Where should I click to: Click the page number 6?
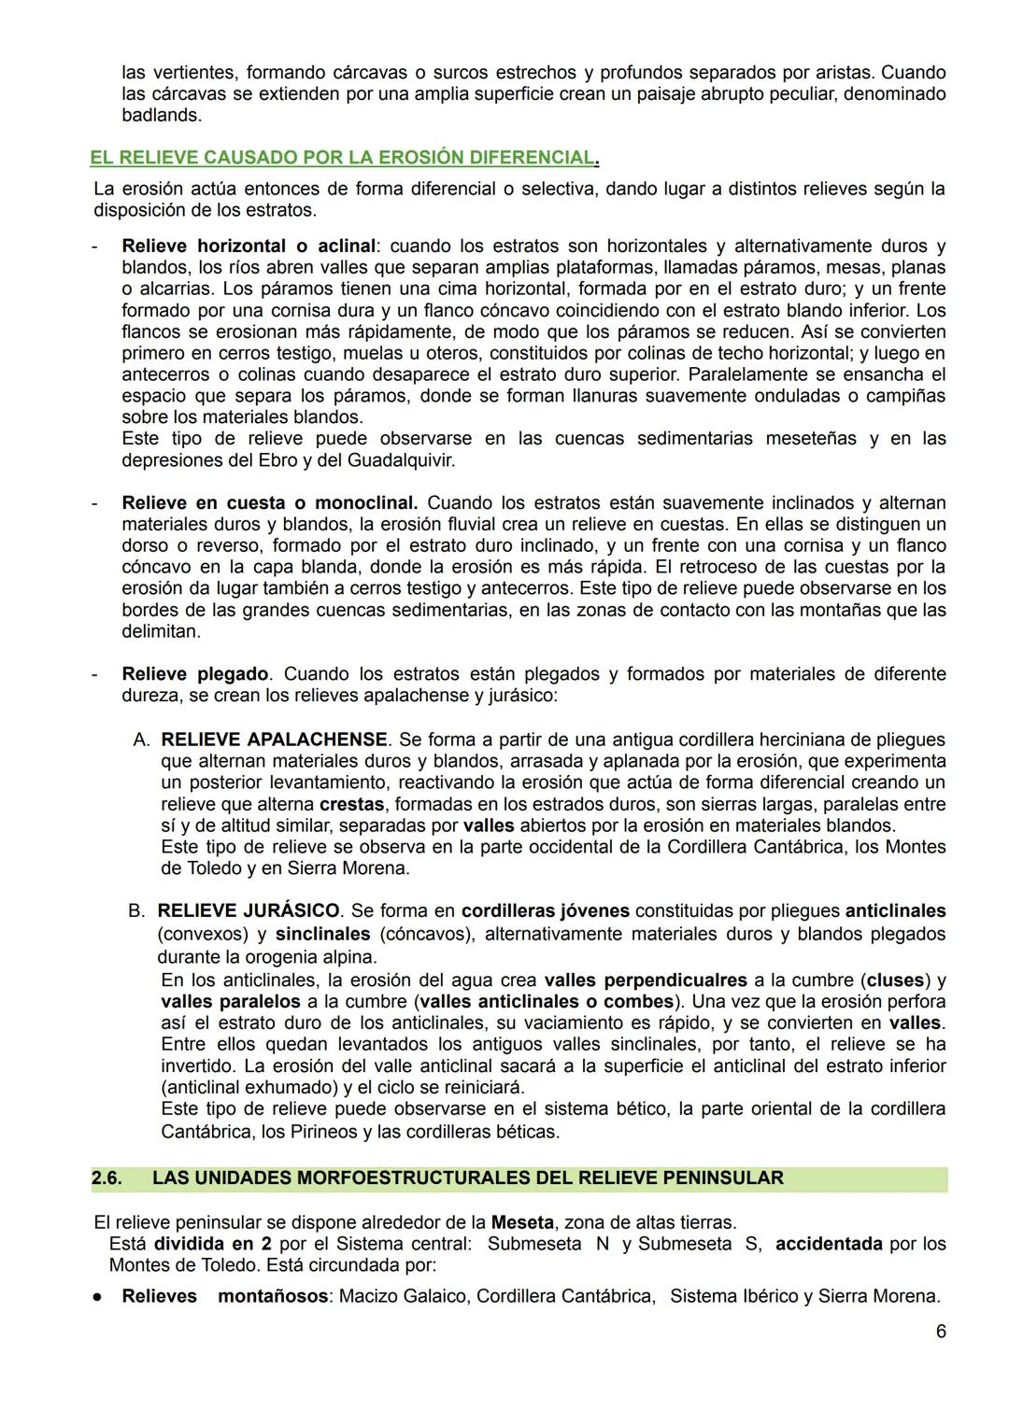point(941,1331)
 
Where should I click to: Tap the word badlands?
point(162,116)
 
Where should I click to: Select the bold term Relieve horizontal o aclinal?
point(249,247)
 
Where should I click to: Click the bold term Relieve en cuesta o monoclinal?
point(269,503)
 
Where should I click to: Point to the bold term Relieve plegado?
point(195,674)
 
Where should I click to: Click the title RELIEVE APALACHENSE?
point(274,740)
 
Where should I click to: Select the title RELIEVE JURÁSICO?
point(249,910)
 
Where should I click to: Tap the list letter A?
point(141,740)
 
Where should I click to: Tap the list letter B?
point(136,910)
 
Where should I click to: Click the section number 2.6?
point(107,1178)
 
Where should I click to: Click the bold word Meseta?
point(522,1222)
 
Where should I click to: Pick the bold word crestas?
point(352,804)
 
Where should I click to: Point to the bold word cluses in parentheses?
point(896,980)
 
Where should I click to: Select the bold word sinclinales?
point(322,934)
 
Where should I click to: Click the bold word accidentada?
point(829,1244)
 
